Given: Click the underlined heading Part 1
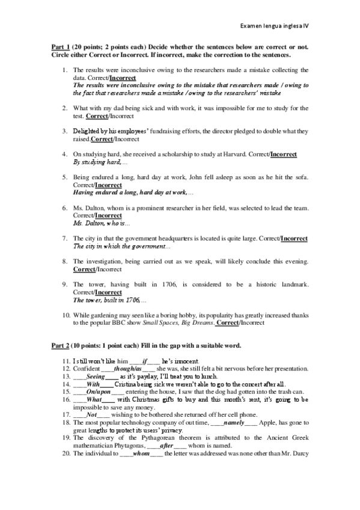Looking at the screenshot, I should [59, 47].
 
